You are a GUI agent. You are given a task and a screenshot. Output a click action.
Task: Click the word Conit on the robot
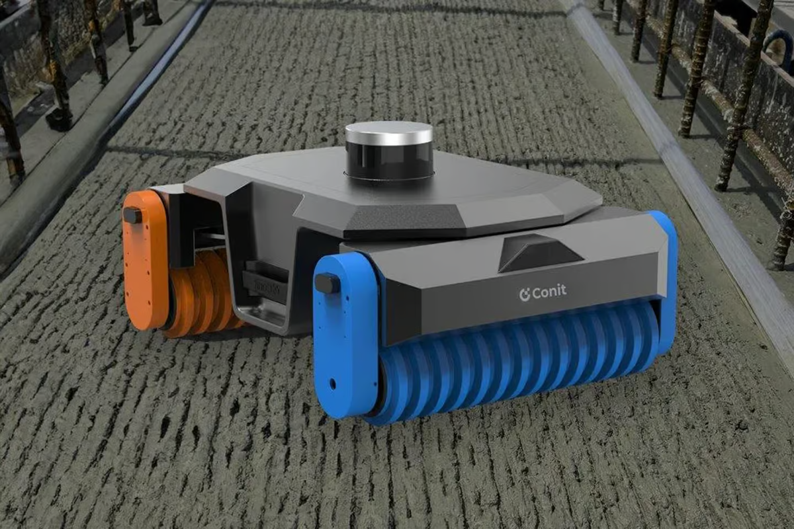(549, 292)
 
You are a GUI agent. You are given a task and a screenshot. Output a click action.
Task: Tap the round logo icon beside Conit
(525, 295)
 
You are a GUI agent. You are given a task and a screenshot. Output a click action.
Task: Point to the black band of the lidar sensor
(389, 159)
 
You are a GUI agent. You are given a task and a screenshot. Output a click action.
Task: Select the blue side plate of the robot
(345, 337)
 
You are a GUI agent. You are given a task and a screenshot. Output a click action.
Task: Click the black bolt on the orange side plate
(132, 215)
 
